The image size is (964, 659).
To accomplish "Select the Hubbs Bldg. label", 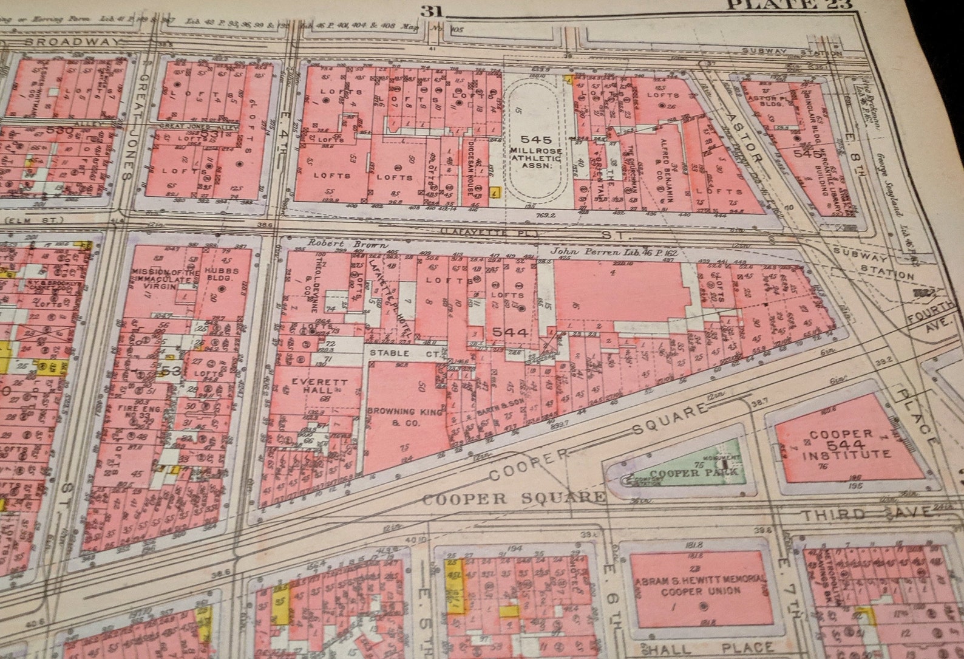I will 221,275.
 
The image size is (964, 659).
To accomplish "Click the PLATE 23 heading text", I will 789,5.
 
